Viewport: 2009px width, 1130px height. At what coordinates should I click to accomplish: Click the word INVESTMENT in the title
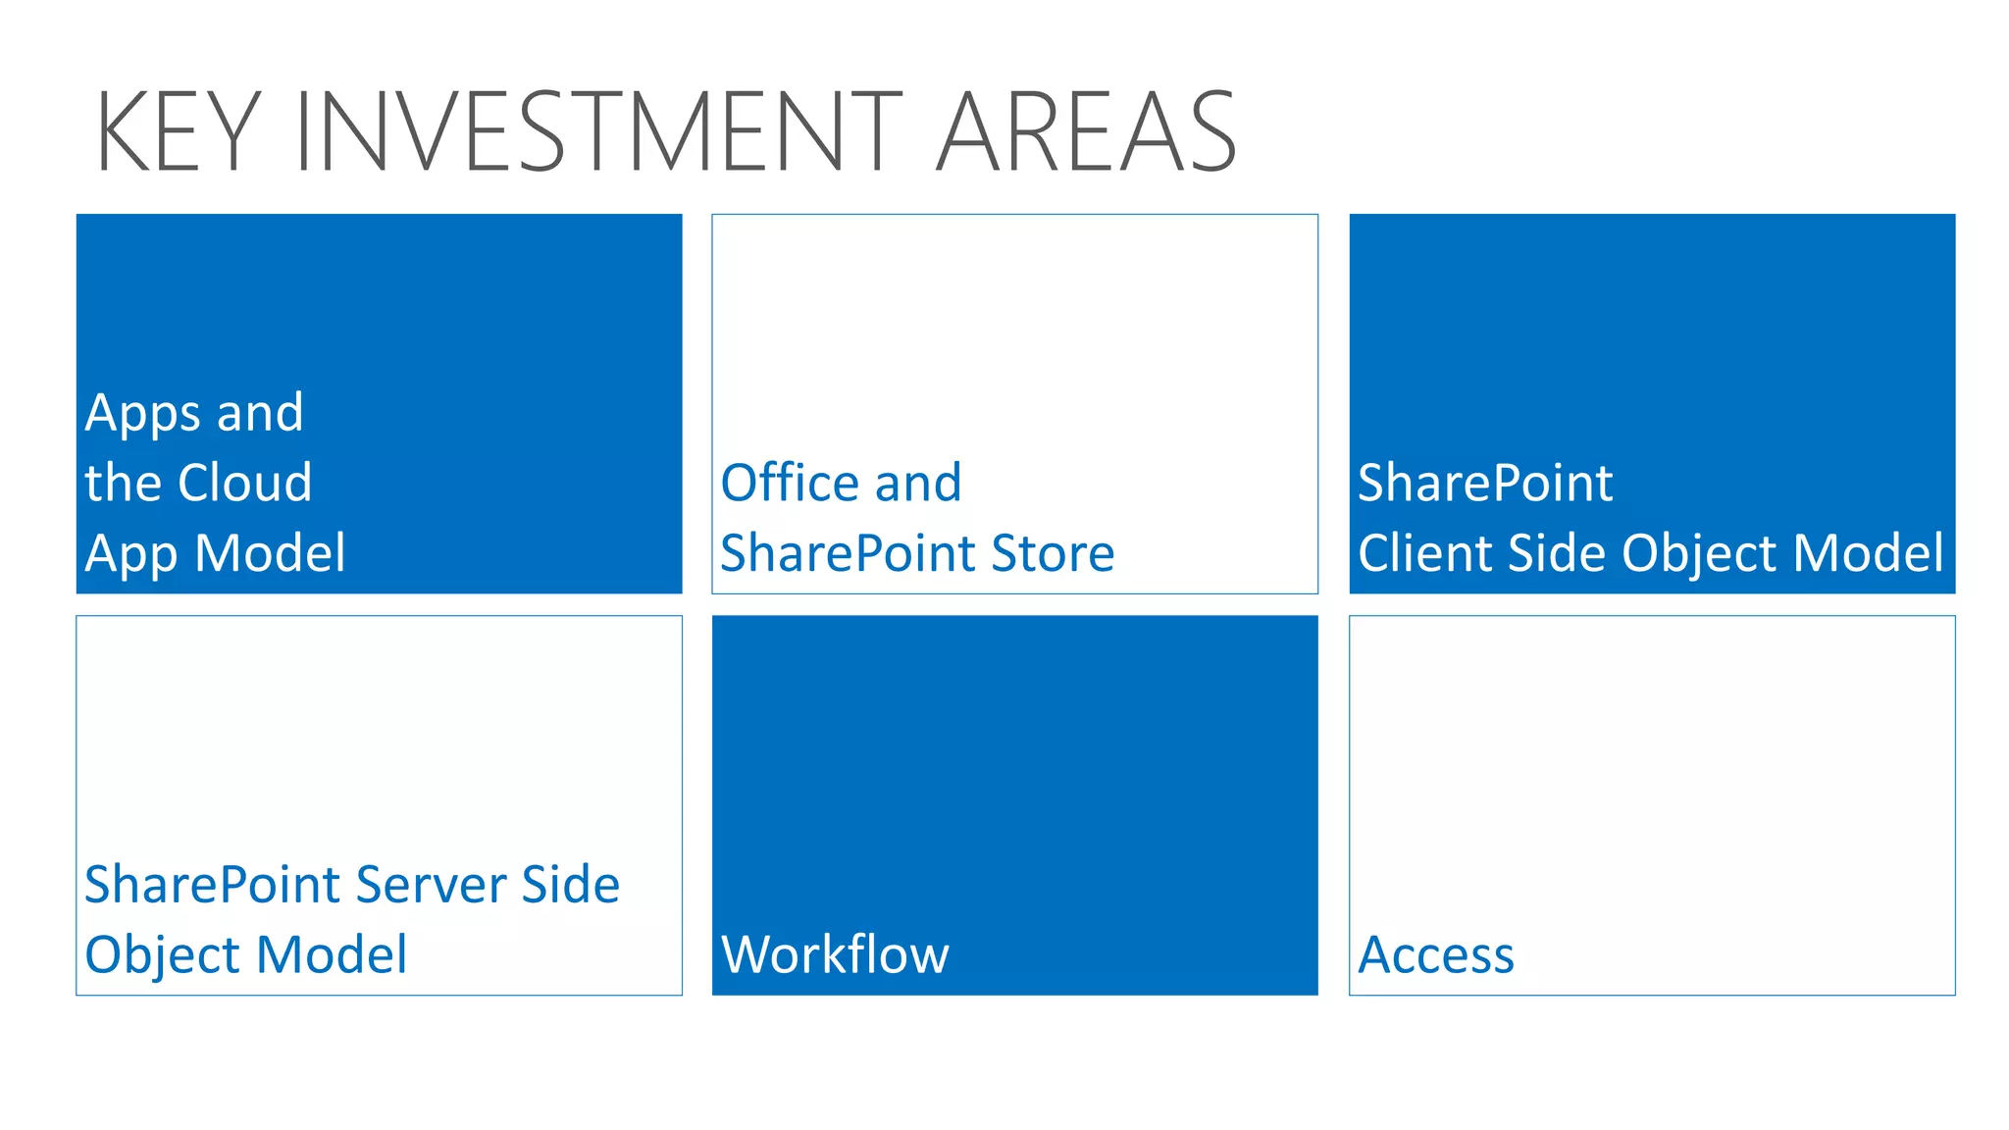click(x=597, y=131)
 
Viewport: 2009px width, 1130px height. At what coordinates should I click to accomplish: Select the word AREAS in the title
click(x=1086, y=131)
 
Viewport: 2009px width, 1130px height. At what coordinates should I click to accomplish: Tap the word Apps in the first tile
click(x=142, y=414)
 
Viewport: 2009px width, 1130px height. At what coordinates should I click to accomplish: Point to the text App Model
click(x=215, y=553)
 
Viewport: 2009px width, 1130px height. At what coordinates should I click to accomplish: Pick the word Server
click(x=431, y=885)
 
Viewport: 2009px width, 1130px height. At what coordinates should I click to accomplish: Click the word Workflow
click(x=835, y=954)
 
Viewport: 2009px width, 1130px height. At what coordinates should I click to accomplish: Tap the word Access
click(x=1436, y=954)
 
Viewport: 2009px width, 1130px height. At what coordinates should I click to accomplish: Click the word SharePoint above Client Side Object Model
click(x=1485, y=483)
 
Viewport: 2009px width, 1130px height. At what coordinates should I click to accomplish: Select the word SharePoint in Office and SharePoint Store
click(x=849, y=553)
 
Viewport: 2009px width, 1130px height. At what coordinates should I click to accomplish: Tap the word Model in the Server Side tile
click(x=332, y=954)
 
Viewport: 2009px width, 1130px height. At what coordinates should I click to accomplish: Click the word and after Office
click(x=918, y=483)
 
